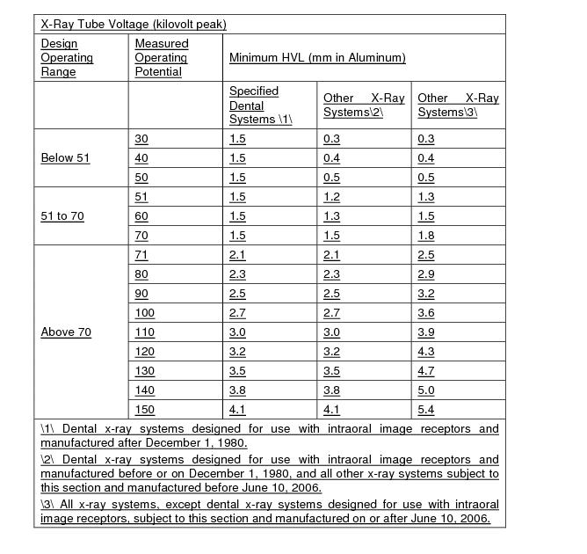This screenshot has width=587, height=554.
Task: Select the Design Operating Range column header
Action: [x=67, y=57]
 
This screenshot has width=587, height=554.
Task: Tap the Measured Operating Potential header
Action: [x=161, y=57]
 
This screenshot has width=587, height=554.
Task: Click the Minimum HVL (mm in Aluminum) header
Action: [x=317, y=58]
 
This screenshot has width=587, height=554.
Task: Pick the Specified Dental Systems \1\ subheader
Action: [x=260, y=105]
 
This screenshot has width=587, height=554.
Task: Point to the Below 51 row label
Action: [x=65, y=157]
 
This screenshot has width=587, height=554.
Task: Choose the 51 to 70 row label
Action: [x=62, y=215]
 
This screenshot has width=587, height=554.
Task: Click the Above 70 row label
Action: [x=66, y=332]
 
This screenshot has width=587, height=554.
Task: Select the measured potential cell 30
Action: [x=141, y=139]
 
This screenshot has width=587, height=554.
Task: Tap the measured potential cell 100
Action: [x=144, y=312]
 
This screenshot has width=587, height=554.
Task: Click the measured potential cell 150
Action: [x=144, y=409]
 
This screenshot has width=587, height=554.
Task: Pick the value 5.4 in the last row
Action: [x=426, y=409]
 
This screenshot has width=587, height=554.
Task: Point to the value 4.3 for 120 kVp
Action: [x=426, y=351]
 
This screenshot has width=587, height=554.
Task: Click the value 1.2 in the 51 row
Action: [x=332, y=197]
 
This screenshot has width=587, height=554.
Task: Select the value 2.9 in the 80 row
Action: [x=426, y=274]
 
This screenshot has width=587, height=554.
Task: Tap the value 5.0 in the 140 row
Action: [x=426, y=390]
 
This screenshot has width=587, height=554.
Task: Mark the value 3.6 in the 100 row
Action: [x=426, y=312]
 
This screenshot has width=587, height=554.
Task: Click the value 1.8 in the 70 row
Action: [x=426, y=236]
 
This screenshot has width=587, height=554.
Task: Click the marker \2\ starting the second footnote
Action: [x=48, y=459]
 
